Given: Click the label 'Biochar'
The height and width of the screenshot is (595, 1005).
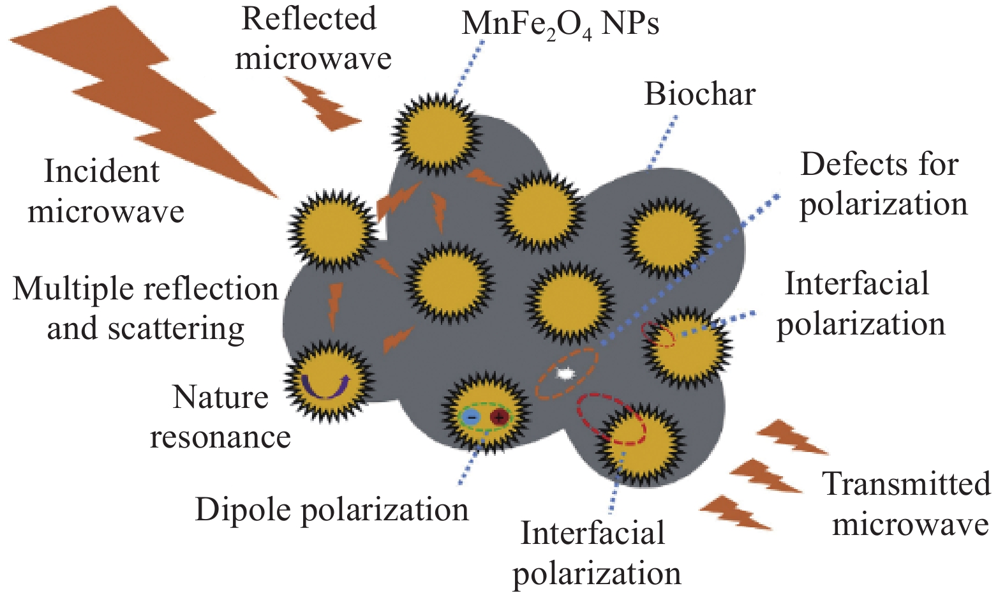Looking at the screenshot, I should [699, 94].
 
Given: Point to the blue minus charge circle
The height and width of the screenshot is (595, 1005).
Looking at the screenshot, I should [472, 418].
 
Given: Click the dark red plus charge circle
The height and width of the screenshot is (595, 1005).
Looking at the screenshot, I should [499, 418].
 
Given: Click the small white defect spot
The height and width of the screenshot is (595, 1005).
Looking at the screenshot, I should [564, 373].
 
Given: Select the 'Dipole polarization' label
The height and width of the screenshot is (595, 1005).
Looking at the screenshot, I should [332, 509].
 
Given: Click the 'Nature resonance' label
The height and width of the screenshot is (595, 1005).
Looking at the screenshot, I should [220, 417].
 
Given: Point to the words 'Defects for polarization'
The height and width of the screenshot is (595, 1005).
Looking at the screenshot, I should [883, 184].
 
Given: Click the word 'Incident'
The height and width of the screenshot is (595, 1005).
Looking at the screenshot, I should [101, 171].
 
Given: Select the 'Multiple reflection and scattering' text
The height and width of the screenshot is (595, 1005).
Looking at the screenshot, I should [145, 308].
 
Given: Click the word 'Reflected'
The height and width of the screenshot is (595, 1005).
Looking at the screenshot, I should [309, 19].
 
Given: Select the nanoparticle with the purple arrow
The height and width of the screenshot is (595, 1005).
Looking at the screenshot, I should [329, 381].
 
